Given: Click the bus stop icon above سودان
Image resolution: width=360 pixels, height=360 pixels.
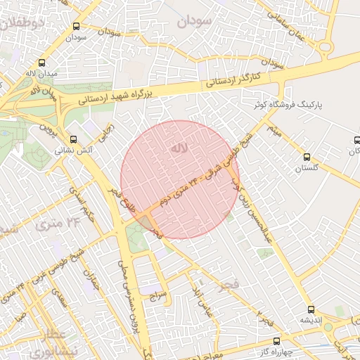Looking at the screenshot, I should click(x=76, y=26).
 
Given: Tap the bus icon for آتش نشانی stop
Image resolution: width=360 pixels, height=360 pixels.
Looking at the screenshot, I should click(x=75, y=139).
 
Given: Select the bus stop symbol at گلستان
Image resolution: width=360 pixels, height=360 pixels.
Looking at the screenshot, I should click(x=306, y=157).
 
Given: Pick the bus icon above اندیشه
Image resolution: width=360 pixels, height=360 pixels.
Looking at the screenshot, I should click(x=311, y=309).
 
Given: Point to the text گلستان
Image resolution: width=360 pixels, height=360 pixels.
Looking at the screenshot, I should click(x=306, y=168).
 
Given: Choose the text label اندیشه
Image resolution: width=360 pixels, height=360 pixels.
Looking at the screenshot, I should click(x=311, y=320).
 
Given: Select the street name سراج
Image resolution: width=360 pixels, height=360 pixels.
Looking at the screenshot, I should click(x=157, y=296).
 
